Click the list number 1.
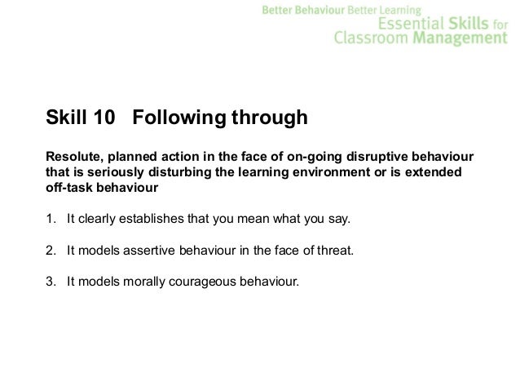[50, 220]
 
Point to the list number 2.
[50, 251]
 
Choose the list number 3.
[50, 283]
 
